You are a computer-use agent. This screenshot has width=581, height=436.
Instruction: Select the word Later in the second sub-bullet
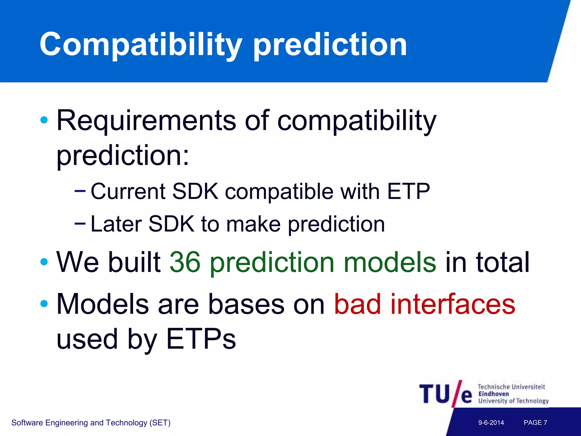coord(116,224)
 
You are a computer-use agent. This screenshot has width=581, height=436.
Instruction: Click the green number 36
coord(185,262)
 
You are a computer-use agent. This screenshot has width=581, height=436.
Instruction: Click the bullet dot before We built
coord(44,262)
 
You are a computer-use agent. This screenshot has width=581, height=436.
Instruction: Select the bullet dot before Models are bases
coord(44,304)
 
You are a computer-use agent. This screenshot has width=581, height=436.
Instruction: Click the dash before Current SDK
coord(80,191)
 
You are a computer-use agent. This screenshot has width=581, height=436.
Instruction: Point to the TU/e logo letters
coord(445,394)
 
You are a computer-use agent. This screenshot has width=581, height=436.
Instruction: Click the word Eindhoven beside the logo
coord(494,394)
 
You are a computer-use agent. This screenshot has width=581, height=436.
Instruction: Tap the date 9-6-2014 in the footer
coord(491,423)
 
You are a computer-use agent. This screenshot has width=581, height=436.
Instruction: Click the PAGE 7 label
coord(535,423)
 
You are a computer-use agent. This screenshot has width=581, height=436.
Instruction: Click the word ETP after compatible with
coord(409,192)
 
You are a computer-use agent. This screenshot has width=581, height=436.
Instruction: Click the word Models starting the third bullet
coord(103,305)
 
